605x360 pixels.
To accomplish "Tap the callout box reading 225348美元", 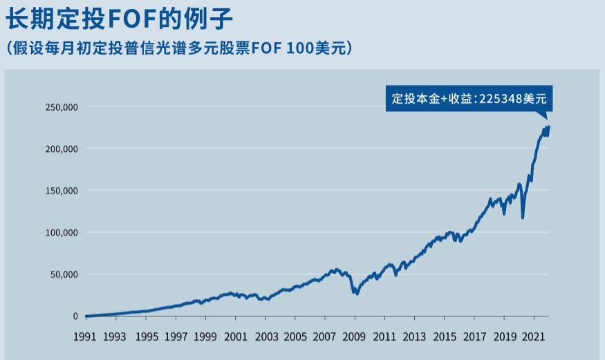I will (469, 98).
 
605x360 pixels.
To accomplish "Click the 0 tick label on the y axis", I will (75, 316).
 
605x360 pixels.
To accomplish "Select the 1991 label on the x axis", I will (85, 337).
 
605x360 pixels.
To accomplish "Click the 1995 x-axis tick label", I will (145, 337).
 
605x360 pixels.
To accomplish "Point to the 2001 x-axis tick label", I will (235, 337).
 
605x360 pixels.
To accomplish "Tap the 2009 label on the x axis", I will (355, 337).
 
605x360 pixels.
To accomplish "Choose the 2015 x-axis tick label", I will (445, 337).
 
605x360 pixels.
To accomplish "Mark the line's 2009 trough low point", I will (356, 294).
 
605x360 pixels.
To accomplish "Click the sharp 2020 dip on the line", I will (523, 218).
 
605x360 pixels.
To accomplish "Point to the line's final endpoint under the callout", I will (548, 127).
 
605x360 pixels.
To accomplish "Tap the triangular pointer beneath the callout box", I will (543, 115).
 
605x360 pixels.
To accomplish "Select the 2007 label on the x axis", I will (325, 337).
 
